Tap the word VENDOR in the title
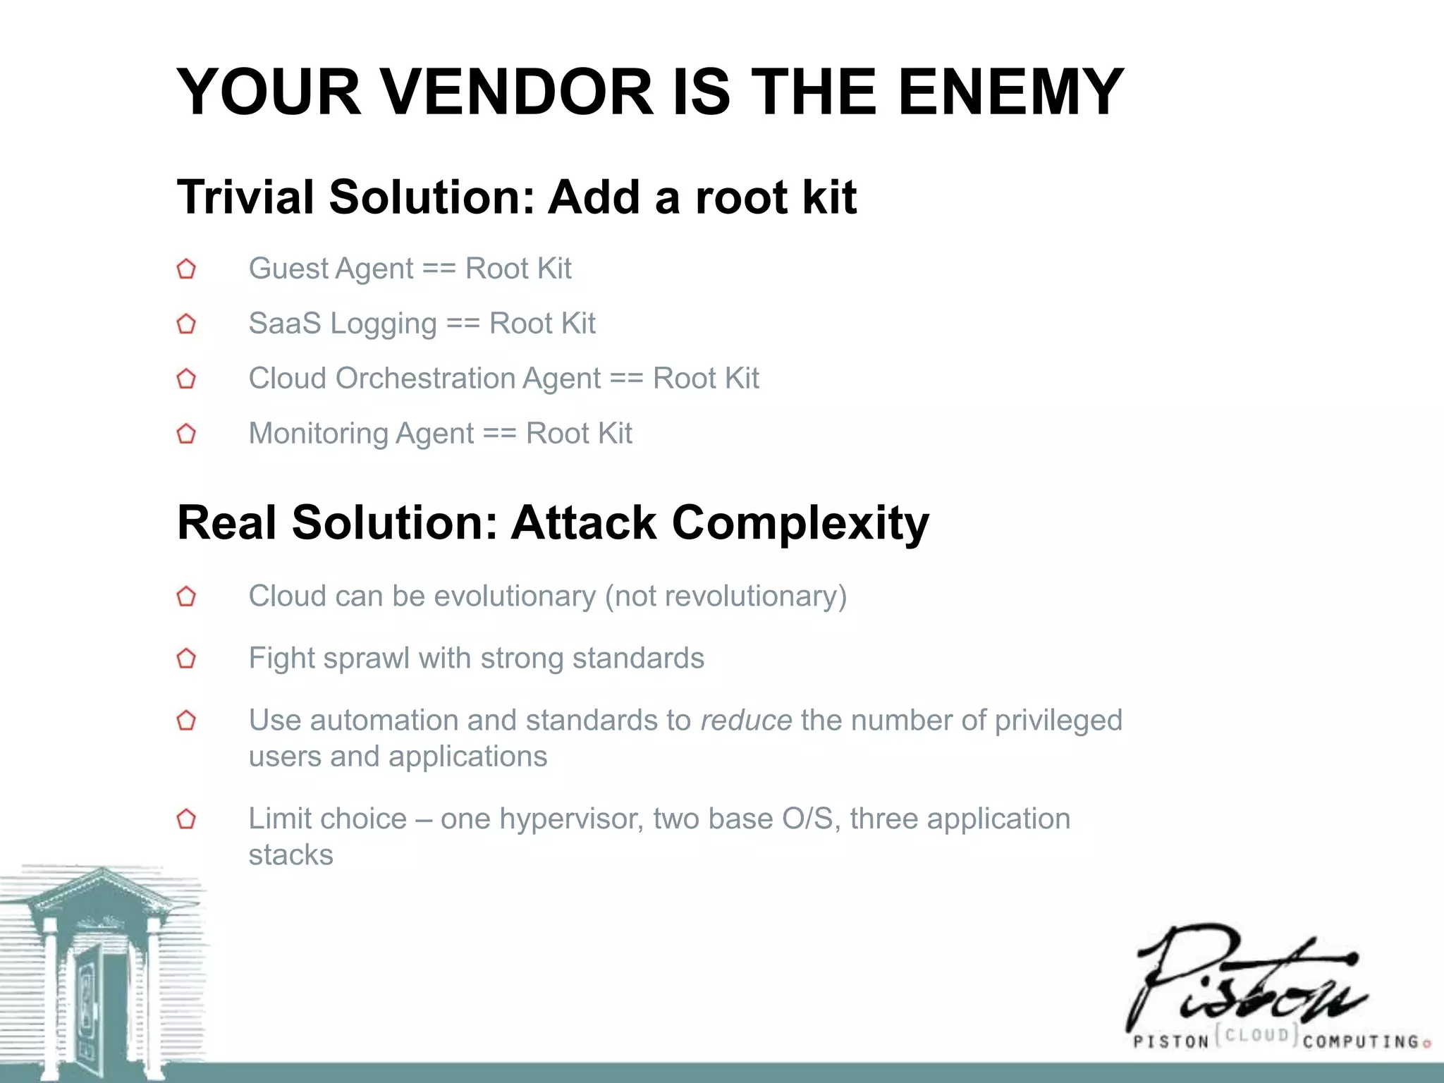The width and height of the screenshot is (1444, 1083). tap(518, 92)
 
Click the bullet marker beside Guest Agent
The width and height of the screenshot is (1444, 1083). tap(186, 269)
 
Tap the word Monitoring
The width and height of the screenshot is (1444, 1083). tap(317, 434)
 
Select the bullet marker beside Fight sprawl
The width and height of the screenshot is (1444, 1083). tap(186, 659)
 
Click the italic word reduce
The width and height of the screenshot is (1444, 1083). tap(746, 721)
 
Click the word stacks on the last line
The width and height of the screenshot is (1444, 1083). tap(290, 855)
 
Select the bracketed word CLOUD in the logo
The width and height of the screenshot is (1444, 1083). tap(1258, 1035)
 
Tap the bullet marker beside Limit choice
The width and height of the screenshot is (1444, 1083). tap(186, 819)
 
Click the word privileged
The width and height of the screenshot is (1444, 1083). tap(1058, 721)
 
